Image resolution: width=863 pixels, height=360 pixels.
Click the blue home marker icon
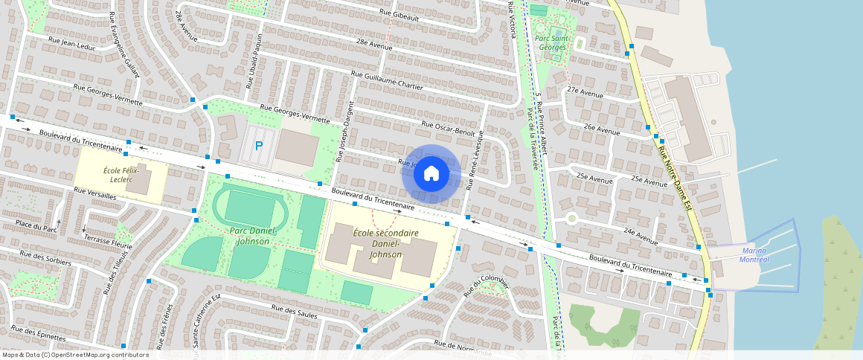click(x=431, y=174)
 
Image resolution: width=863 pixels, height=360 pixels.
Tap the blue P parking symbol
click(x=259, y=146)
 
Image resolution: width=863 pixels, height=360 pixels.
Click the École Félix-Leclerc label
click(x=121, y=176)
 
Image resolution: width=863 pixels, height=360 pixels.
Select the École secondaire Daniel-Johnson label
click(x=385, y=243)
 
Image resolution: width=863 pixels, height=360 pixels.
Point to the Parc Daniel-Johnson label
click(x=252, y=236)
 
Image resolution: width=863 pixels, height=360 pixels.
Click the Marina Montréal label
click(x=754, y=255)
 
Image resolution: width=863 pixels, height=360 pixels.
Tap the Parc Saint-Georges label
click(x=551, y=42)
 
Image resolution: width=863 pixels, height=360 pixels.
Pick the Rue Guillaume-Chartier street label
click(x=386, y=80)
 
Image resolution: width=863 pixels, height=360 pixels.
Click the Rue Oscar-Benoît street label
click(x=448, y=129)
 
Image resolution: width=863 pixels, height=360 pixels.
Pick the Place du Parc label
click(x=36, y=225)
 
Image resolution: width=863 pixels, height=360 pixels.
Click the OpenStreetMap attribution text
click(x=75, y=355)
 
